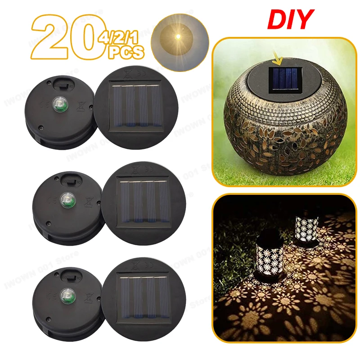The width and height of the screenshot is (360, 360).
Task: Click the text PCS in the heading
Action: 126,53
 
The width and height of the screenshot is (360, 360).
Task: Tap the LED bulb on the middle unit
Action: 64,198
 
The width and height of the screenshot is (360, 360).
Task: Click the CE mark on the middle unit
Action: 51,198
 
